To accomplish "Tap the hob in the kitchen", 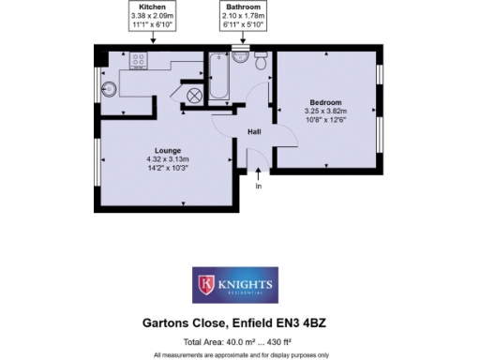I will pyautogui.click(x=138, y=63).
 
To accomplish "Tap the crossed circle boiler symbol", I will pyautogui.click(x=195, y=95).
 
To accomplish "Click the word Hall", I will pyautogui.click(x=253, y=133).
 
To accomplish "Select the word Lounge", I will pyautogui.click(x=168, y=151).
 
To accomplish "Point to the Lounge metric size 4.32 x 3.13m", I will pyautogui.click(x=168, y=159).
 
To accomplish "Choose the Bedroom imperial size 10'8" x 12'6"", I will pyautogui.click(x=324, y=119).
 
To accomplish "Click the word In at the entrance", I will pyautogui.click(x=259, y=187).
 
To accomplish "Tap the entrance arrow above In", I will pyautogui.click(x=259, y=173).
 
